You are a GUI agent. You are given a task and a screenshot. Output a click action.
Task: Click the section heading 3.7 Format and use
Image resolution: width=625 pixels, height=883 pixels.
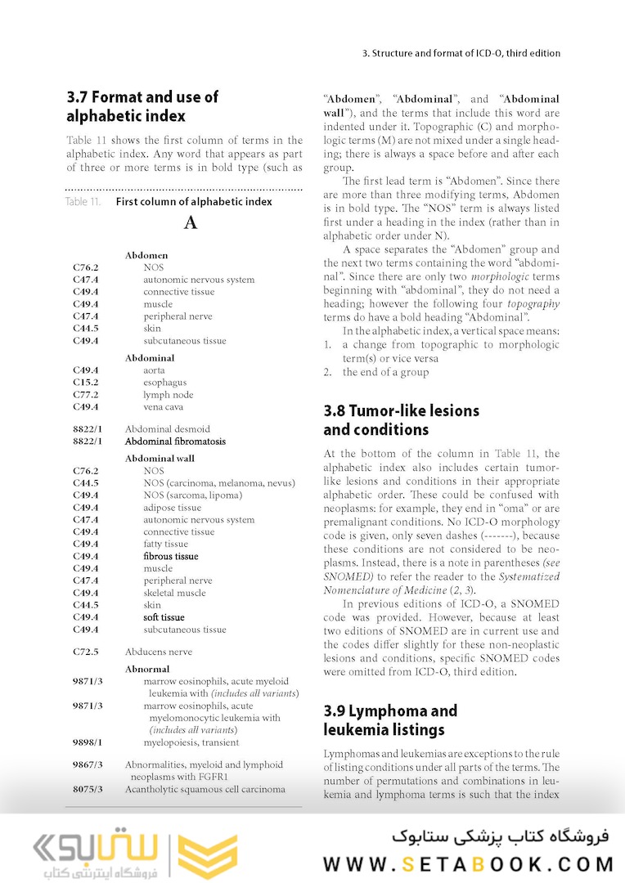click(x=142, y=106)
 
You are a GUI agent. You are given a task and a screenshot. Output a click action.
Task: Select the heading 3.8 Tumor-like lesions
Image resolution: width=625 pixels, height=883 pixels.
click(x=401, y=420)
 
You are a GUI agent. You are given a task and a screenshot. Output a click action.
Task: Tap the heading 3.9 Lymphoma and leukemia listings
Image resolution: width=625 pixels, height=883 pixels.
click(x=390, y=720)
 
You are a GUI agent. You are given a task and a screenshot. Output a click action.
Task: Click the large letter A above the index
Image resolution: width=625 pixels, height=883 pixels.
click(x=191, y=222)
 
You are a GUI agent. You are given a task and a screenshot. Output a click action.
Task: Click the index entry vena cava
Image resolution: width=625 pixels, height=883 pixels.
click(x=163, y=407)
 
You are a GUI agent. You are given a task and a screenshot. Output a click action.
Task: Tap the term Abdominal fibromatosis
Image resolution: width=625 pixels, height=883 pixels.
click(x=175, y=441)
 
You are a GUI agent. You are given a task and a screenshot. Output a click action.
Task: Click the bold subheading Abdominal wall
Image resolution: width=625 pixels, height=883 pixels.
click(x=160, y=459)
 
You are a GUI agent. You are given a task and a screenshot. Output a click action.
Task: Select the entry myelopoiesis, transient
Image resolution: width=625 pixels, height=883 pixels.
click(x=191, y=742)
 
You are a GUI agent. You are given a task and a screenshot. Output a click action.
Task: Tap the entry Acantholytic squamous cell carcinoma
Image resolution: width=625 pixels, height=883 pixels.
click(x=205, y=789)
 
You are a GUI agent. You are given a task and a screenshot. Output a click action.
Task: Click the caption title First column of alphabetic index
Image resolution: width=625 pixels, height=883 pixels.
click(x=194, y=201)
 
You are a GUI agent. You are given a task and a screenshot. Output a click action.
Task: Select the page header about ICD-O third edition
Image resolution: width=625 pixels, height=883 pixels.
click(x=461, y=53)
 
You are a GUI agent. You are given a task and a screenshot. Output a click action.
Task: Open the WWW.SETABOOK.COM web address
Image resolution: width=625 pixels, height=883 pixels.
click(x=468, y=864)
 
